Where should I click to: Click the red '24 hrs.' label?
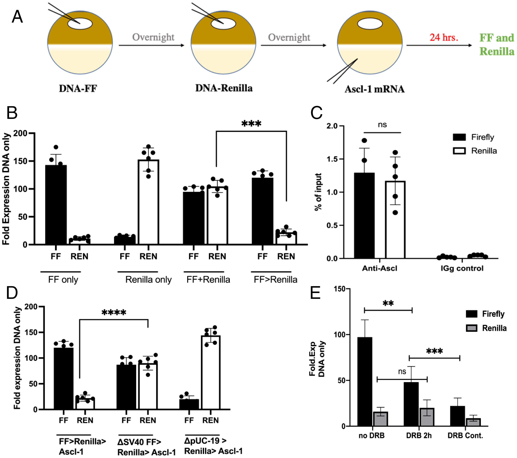[x=444, y=37]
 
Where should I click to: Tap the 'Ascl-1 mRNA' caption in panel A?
[x=374, y=89]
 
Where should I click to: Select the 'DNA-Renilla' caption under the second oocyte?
[x=224, y=88]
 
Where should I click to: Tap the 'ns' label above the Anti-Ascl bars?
[x=382, y=125]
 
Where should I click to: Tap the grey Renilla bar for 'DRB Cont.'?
[x=473, y=422]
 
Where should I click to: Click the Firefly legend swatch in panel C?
[x=459, y=137]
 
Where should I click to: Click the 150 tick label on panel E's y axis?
[x=339, y=289]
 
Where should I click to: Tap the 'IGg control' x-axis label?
[x=462, y=268]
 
